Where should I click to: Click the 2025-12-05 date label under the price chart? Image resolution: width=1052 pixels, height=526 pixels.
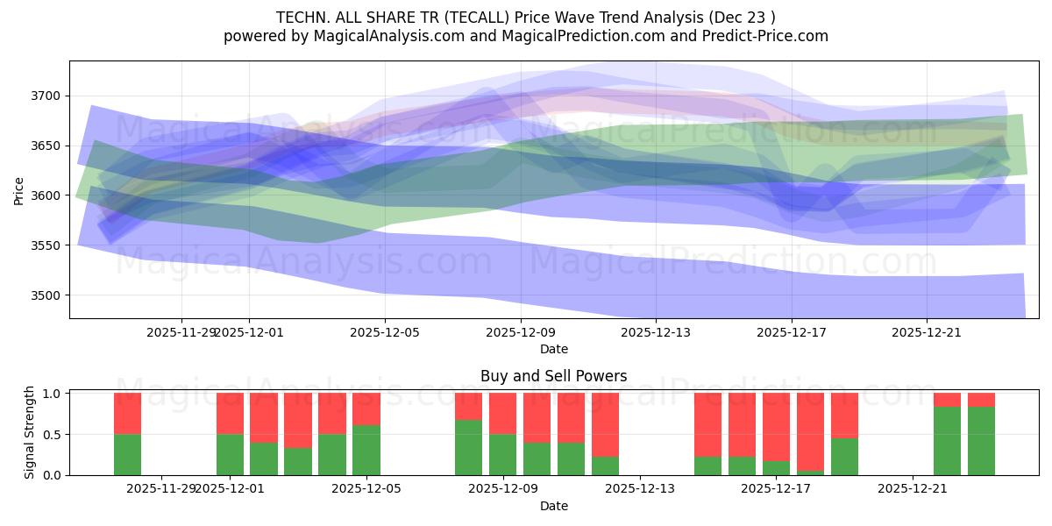(x=384, y=332)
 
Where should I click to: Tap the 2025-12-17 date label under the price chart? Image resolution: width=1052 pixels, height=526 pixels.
(x=791, y=332)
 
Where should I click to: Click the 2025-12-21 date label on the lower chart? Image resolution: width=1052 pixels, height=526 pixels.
(x=913, y=489)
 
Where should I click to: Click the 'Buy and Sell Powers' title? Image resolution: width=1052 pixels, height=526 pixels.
(x=553, y=376)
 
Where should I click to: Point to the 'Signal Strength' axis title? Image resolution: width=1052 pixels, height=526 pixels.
(x=29, y=431)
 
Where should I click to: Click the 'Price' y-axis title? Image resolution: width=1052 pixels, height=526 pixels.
(x=19, y=189)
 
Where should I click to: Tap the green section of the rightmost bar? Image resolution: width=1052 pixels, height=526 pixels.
(x=981, y=441)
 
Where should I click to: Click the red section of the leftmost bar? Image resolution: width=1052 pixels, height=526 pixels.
(x=127, y=413)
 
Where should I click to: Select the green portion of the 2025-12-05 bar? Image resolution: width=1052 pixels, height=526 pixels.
(x=366, y=450)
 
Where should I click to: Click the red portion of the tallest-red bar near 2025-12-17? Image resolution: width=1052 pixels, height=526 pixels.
(x=810, y=431)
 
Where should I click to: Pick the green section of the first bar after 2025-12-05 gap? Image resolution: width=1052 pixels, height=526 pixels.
(x=468, y=447)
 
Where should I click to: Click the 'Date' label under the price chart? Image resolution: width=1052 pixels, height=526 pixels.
(x=553, y=349)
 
